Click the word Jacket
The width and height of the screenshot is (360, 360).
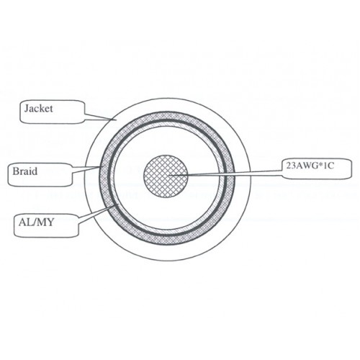(x=38, y=109)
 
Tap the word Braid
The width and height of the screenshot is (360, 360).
(x=25, y=171)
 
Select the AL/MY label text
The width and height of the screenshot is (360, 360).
(x=36, y=222)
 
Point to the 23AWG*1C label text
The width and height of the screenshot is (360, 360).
(x=310, y=166)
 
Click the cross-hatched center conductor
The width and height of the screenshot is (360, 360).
(x=166, y=176)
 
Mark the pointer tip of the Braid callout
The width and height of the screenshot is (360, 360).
(x=101, y=167)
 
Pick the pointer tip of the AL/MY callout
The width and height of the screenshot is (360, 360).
(x=118, y=204)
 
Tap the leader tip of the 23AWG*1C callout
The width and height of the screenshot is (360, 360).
(x=168, y=176)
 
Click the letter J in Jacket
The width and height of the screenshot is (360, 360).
(x=27, y=109)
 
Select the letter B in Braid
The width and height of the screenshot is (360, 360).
(x=15, y=171)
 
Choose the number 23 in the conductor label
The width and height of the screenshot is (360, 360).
(x=289, y=166)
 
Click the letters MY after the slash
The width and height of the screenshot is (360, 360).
(x=46, y=222)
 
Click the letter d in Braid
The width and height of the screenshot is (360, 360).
(x=35, y=171)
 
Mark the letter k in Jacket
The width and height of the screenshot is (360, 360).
(x=42, y=109)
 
